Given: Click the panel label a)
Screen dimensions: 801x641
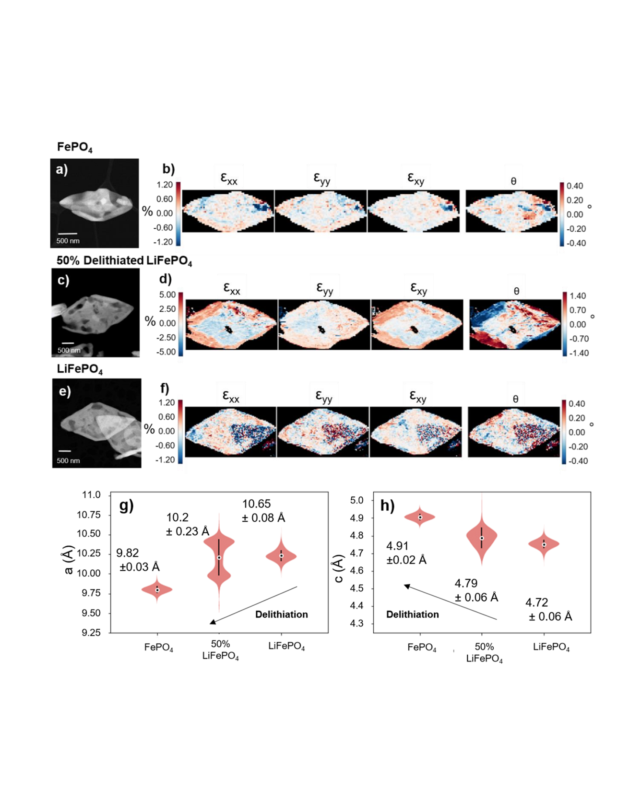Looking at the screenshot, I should (62, 169).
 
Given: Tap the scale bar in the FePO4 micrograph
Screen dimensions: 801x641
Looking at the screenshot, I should (68, 234).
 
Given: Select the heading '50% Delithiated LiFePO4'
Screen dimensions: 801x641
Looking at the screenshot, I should (124, 261).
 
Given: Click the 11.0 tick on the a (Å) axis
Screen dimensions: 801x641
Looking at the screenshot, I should (91, 495).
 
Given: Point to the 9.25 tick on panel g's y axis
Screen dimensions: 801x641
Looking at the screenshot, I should (91, 633).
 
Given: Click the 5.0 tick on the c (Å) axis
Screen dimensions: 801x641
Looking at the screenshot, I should (356, 500).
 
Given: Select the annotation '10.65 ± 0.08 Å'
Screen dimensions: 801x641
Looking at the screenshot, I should (263, 511).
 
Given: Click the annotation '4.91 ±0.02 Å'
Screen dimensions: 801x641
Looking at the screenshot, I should (406, 553).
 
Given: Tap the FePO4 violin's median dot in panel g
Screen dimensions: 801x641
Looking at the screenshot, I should (157, 590).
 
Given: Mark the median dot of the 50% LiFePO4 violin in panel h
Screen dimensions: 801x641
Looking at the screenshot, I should (482, 538).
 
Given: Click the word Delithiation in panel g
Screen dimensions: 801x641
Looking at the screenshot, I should (281, 614).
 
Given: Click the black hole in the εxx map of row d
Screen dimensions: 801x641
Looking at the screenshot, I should (227, 329).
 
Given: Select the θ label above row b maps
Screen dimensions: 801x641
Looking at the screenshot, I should (513, 181).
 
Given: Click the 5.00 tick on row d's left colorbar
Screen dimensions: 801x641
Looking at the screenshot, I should (167, 294).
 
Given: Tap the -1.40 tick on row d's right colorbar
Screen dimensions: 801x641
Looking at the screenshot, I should (579, 353).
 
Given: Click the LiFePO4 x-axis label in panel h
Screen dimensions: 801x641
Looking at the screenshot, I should (551, 647).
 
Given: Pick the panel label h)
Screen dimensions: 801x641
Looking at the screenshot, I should (387, 505).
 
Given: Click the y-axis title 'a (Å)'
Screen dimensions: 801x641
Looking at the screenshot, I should (69, 560).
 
